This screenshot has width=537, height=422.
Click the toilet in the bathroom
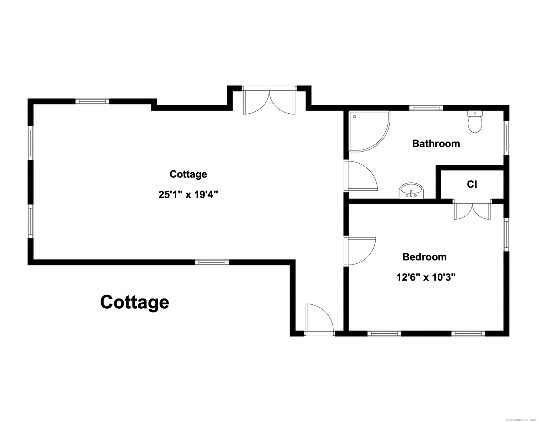[475, 122]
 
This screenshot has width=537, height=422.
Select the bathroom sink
[411, 191]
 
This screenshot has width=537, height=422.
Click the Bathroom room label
[436, 143]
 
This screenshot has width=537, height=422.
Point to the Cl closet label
[472, 184]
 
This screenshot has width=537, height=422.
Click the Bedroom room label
[424, 257]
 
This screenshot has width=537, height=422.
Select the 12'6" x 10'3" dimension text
[426, 277]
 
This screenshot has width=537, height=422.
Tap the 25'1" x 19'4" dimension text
[188, 194]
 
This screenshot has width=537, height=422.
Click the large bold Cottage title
[134, 302]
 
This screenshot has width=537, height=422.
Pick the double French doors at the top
[268, 101]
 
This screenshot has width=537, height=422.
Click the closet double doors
[472, 211]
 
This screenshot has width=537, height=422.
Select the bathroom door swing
[361, 175]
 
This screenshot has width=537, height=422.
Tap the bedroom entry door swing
[360, 251]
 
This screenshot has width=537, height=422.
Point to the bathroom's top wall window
[426, 107]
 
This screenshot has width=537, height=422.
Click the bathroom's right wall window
[506, 137]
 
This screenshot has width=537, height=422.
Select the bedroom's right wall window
[506, 234]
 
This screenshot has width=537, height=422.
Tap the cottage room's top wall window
[92, 101]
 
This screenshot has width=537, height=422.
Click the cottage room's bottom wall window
[211, 262]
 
